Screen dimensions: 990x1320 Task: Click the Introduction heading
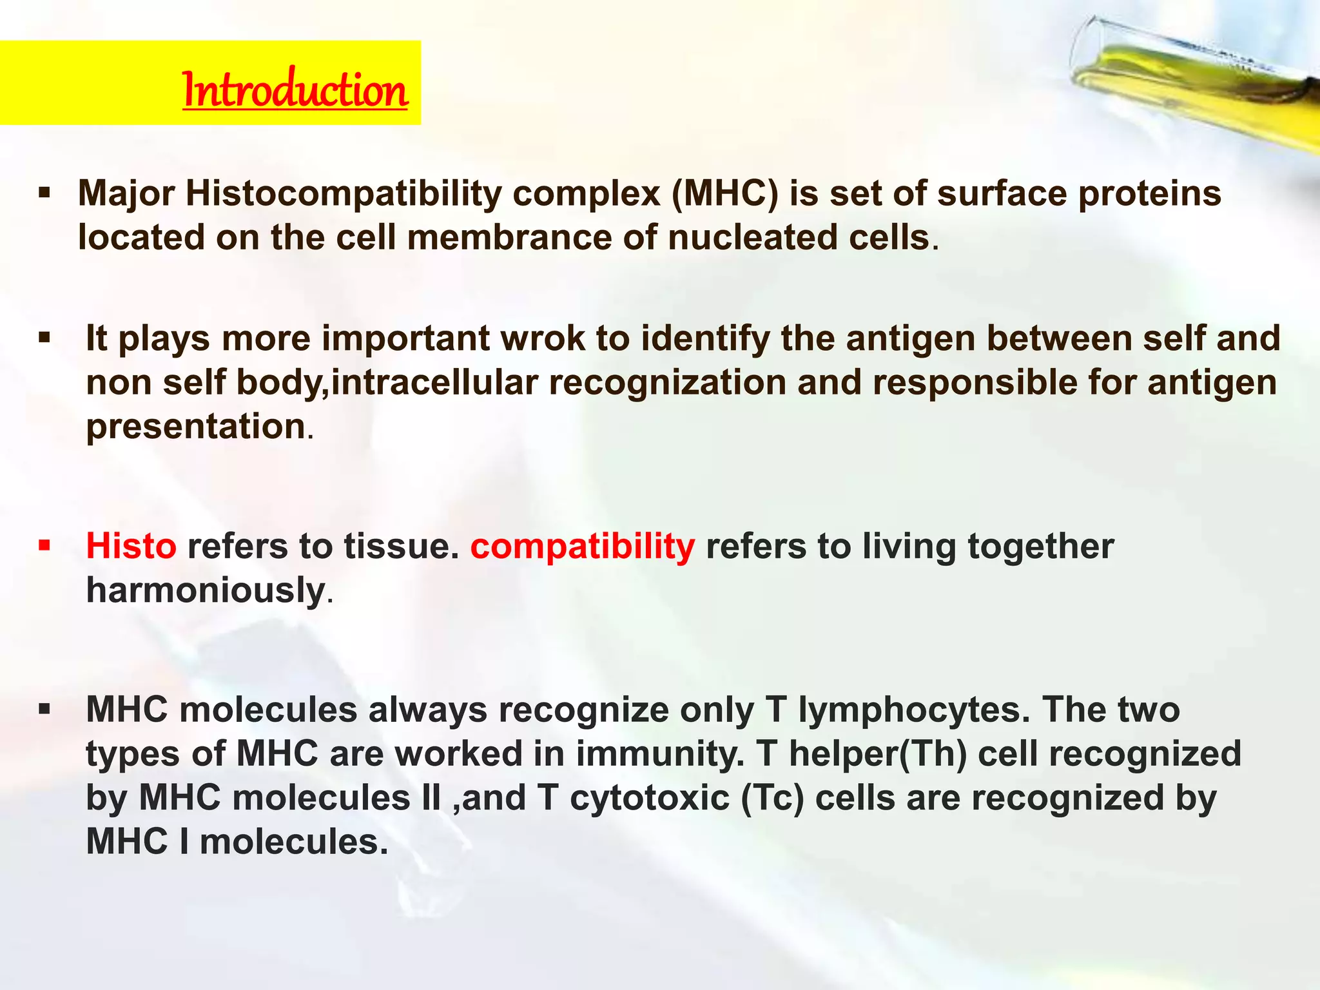(295, 90)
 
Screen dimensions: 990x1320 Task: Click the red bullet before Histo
(44, 547)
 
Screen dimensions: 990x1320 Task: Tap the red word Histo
(131, 547)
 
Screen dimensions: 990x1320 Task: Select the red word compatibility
(583, 547)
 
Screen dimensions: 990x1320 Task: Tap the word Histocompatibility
(343, 193)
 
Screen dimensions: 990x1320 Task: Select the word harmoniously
(206, 590)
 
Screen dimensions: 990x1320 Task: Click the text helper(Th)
(878, 753)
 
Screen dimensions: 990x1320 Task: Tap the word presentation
(196, 427)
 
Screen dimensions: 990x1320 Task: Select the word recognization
(667, 382)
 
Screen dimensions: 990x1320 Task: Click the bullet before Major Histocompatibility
(44, 193)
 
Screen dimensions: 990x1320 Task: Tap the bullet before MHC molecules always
(44, 710)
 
